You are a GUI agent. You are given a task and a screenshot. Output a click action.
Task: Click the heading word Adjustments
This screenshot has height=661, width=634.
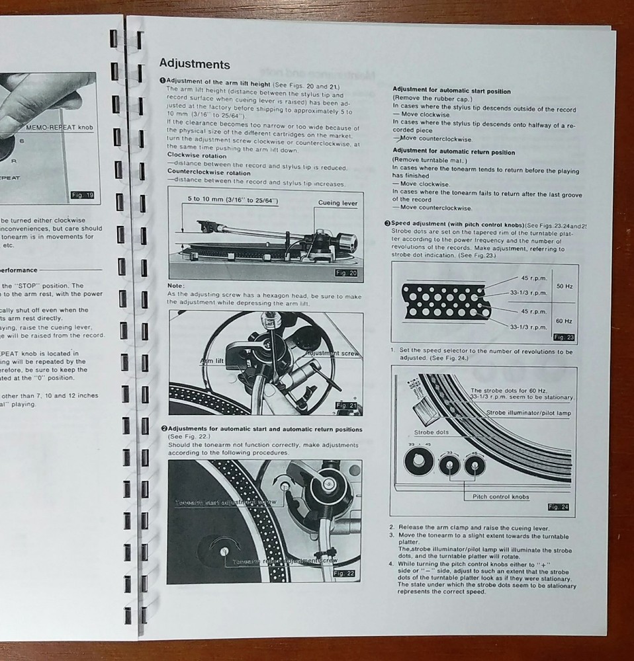point(195,64)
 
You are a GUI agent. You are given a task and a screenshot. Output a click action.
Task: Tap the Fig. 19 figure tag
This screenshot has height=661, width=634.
point(83,195)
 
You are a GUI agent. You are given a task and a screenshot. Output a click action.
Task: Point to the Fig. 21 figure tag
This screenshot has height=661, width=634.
point(347,405)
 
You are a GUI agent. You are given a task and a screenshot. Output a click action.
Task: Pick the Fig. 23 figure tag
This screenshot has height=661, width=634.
point(563,337)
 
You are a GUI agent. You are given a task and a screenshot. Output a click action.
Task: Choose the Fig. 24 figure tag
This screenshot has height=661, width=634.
point(560,507)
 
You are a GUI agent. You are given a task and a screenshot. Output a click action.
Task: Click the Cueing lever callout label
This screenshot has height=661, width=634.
point(338,203)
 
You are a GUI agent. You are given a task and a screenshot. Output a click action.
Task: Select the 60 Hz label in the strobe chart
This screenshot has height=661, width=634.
point(565,321)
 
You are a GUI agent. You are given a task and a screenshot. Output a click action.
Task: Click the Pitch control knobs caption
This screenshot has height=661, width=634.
point(500,496)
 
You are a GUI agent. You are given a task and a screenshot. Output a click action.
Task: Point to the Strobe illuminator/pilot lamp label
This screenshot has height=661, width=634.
point(529,412)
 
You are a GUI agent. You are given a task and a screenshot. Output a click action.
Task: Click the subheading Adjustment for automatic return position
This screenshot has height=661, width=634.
point(453,152)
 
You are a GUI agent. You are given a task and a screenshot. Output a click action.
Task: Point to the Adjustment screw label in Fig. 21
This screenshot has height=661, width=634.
point(333,354)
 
